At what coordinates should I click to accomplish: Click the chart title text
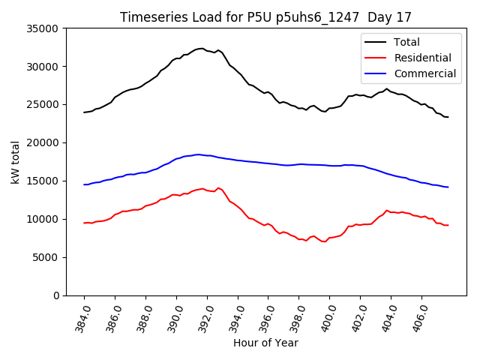[x=266, y=16]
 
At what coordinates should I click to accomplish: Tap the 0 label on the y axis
[x=56, y=295]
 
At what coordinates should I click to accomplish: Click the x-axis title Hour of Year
[x=265, y=343]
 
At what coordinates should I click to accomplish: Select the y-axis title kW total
[x=15, y=162]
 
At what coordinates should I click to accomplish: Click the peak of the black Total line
[x=201, y=48]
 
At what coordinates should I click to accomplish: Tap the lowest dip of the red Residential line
[x=324, y=241]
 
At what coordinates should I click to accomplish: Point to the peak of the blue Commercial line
[x=198, y=154]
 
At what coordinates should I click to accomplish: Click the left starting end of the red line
[x=84, y=223]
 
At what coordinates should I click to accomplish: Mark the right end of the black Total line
[x=448, y=117]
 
